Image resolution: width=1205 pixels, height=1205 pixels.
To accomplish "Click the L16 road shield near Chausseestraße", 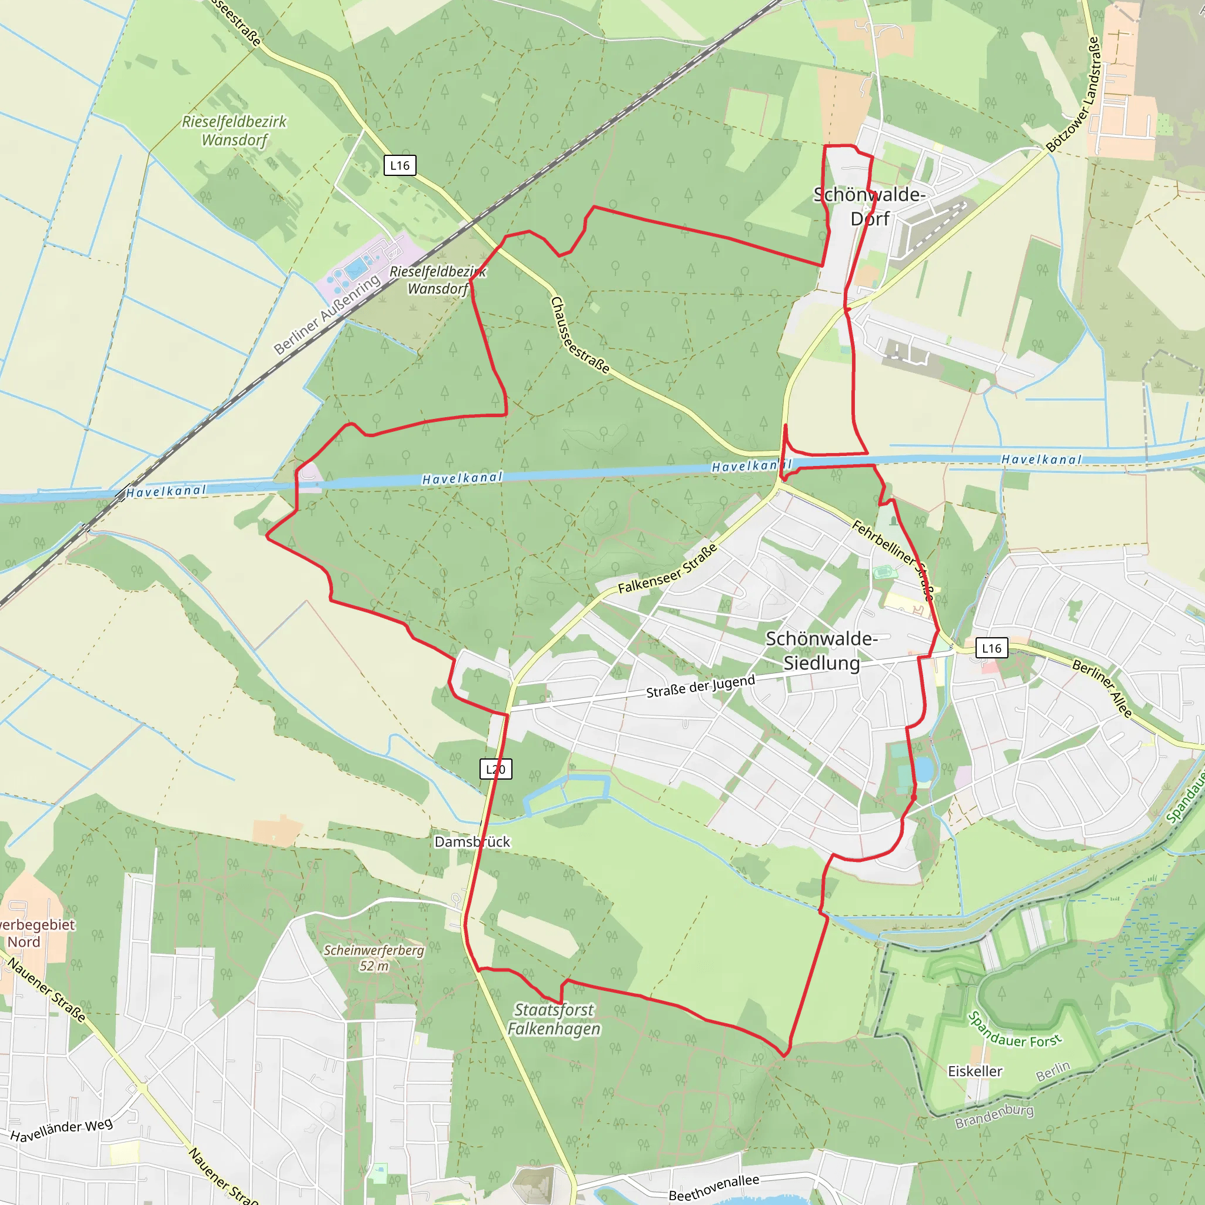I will (399, 165).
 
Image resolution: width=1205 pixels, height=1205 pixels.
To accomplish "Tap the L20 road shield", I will (495, 769).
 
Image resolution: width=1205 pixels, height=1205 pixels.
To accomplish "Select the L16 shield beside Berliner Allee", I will (991, 648).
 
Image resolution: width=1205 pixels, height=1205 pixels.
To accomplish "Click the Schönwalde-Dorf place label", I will (870, 207).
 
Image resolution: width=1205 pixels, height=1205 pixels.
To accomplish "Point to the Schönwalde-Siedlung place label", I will (821, 651).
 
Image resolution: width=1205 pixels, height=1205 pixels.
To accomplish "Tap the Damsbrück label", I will (472, 841).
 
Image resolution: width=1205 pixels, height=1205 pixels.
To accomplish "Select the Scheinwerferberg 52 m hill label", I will (374, 957).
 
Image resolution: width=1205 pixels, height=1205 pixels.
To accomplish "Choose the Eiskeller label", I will (975, 1071).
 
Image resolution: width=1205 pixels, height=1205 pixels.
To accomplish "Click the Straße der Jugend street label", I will (700, 686).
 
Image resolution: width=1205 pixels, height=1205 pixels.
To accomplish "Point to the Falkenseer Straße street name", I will (668, 569).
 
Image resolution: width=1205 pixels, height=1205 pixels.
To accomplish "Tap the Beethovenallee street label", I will (714, 1187).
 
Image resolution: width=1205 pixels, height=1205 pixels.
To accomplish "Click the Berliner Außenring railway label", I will (328, 314).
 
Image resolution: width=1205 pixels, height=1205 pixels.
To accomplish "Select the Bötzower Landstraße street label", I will (1073, 94).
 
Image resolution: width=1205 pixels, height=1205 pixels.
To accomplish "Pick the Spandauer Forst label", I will (1014, 1031).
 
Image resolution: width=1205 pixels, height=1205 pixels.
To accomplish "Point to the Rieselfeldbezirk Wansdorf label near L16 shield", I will (234, 131).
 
